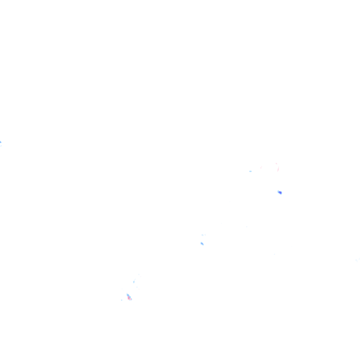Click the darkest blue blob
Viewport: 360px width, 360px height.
coord(280,192)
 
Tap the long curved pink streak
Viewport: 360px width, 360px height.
coord(278,167)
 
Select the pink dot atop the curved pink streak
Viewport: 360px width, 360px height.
coord(276,164)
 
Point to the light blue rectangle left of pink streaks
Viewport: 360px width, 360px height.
coord(250,171)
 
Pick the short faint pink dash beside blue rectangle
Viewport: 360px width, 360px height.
coord(261,167)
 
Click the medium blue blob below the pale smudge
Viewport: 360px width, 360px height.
coord(202,243)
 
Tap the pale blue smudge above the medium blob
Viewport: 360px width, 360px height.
coord(203,235)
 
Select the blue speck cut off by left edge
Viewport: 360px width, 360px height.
coord(0,142)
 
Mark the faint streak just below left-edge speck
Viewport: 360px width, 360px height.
coord(1,145)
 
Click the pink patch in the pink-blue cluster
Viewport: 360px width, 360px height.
coord(129,298)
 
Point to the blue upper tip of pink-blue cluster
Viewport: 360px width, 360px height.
coord(127,295)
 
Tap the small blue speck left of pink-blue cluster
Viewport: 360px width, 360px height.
coord(121,300)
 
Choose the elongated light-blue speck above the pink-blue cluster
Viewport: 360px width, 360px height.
coord(134,282)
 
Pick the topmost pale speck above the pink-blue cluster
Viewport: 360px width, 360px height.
coord(139,275)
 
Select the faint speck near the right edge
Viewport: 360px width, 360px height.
coord(357,259)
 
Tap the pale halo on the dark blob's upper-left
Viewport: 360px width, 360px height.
coord(277,190)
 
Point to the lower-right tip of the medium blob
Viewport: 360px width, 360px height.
coord(203,245)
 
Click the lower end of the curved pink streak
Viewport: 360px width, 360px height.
coord(278,170)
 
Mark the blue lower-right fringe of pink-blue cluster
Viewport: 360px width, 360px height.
coord(131,299)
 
